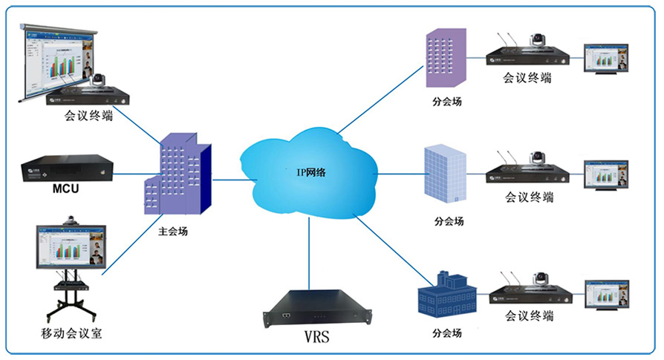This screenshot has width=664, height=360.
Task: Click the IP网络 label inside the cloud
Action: point(310,172)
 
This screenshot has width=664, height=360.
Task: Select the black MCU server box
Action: point(66,168)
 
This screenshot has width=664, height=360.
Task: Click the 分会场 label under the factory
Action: point(446,333)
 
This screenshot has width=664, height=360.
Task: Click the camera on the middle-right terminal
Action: point(536,158)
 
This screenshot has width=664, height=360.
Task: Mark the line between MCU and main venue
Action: point(128,176)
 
